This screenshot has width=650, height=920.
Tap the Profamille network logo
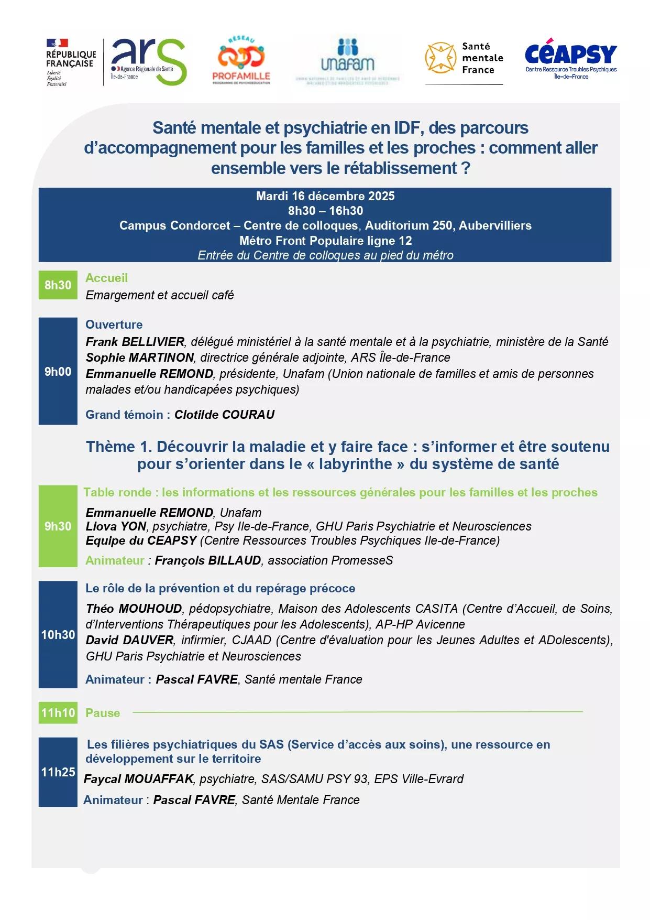pyautogui.click(x=241, y=60)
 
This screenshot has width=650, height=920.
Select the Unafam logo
pyautogui.click(x=347, y=59)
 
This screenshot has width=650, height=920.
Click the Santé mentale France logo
pyautogui.click(x=464, y=59)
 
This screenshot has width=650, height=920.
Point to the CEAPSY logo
pyautogui.click(x=571, y=58)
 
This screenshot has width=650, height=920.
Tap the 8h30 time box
pyautogui.click(x=58, y=285)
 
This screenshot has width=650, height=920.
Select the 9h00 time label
pyautogui.click(x=58, y=372)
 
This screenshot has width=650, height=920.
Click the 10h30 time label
pyautogui.click(x=58, y=635)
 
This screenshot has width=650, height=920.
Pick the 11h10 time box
pyautogui.click(x=58, y=713)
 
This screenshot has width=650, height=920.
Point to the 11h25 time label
pyautogui.click(x=58, y=772)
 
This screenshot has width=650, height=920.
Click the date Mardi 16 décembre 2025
pyautogui.click(x=325, y=197)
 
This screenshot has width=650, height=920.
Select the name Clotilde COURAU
pyautogui.click(x=224, y=415)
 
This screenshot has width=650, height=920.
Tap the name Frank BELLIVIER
pyautogui.click(x=135, y=342)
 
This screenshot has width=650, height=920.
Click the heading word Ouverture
pyautogui.click(x=114, y=324)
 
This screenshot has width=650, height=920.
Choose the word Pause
pyautogui.click(x=103, y=713)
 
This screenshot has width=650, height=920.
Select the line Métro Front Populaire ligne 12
pyautogui.click(x=325, y=241)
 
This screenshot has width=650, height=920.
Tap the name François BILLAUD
pyautogui.click(x=208, y=560)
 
